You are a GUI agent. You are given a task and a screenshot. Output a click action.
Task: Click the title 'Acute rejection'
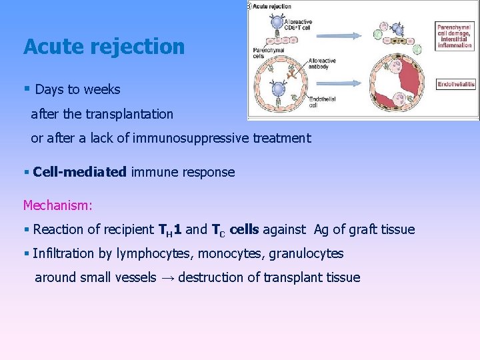click(x=104, y=47)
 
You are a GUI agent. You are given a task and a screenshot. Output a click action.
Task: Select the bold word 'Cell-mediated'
click(x=79, y=172)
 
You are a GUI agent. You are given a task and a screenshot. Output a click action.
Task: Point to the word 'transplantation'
click(x=129, y=114)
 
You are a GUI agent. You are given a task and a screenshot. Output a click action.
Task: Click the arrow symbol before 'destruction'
click(x=167, y=277)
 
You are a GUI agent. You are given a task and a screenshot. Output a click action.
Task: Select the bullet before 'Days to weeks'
click(x=26, y=89)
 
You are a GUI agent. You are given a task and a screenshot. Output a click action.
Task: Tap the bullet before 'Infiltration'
click(x=26, y=253)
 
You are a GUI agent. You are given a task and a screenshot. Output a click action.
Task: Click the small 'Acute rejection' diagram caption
click(x=273, y=7)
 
